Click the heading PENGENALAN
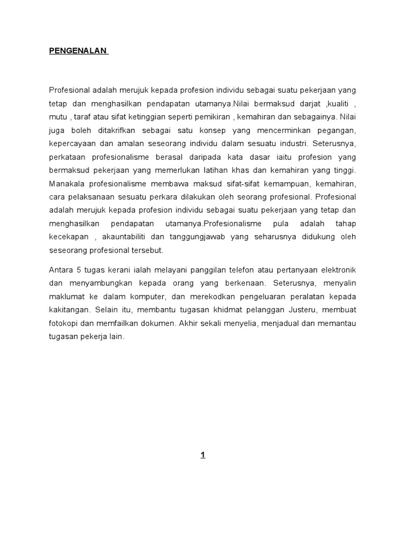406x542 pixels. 78,51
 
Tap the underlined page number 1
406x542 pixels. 202,455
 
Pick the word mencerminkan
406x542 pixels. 272,130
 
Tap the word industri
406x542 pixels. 293,143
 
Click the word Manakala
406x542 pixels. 68,184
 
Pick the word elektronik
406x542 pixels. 337,270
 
